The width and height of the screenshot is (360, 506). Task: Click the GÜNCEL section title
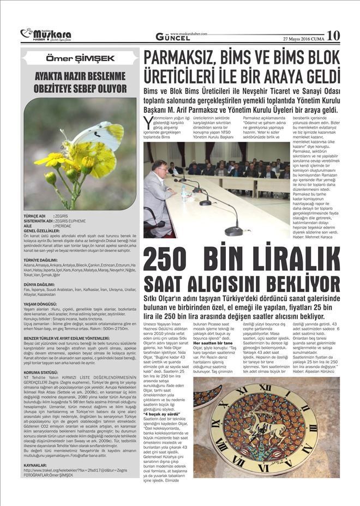(x=172, y=38)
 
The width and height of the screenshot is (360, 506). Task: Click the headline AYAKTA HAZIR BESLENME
(x=81, y=76)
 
